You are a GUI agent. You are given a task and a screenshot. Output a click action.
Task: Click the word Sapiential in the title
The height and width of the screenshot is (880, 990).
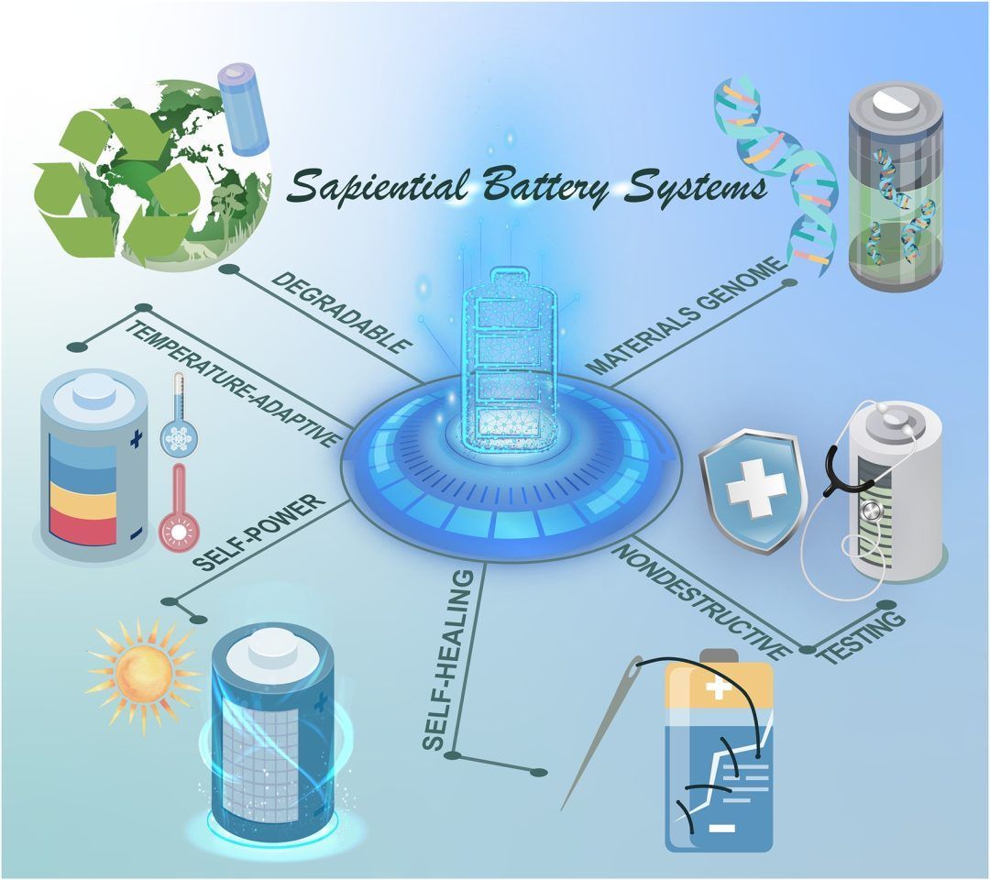pos(378,186)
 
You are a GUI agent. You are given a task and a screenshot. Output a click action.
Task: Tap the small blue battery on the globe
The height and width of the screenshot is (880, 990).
pos(244,108)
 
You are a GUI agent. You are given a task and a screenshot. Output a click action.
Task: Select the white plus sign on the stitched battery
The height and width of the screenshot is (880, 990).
pos(718,688)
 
